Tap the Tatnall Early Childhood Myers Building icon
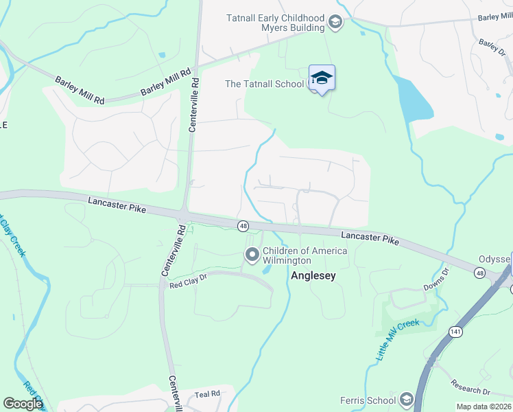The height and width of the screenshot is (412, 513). [335, 23]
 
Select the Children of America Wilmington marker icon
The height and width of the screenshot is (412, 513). [252, 255]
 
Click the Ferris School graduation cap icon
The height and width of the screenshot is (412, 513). [406, 400]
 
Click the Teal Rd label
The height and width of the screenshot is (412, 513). [206, 393]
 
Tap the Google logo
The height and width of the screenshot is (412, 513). [22, 403]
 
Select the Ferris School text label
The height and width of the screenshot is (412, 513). [368, 400]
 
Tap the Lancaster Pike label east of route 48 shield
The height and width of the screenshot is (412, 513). [370, 238]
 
